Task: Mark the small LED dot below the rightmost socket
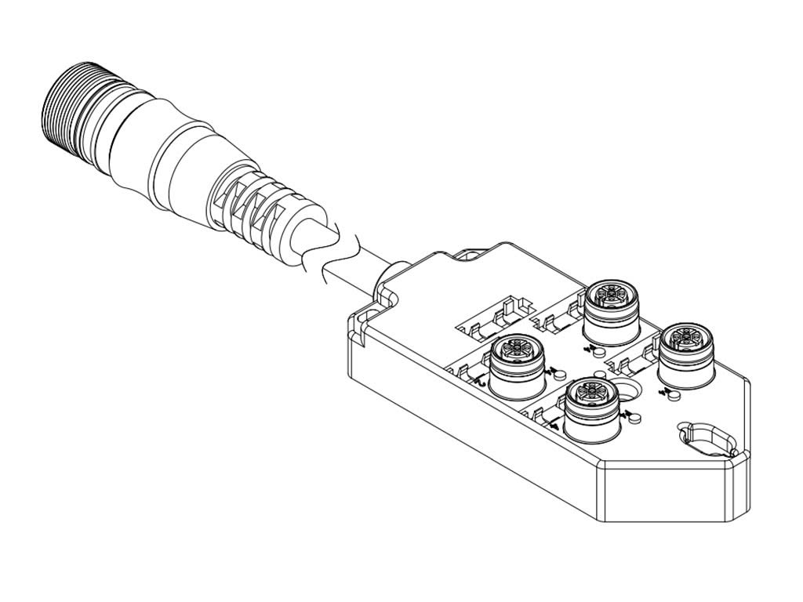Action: pos(673,395)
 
